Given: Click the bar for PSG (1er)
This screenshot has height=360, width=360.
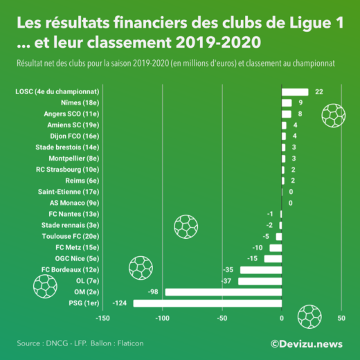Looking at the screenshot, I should coord(208,303).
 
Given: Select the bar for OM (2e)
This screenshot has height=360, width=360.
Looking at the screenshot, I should coord(223,292).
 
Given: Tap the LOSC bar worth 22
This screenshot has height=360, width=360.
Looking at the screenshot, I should coord(295,91).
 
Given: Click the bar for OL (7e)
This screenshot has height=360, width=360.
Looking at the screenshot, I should coord(260,281).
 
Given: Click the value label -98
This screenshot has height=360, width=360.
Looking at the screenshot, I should coord(154,292).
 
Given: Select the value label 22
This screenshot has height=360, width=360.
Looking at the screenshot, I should coord(318,91).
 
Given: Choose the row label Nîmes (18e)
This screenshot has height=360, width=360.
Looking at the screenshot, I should coord(78,102).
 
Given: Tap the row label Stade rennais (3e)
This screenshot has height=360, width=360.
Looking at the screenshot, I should coord(70,225).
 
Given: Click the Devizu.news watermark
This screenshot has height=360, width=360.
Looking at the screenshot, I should coord(307,343).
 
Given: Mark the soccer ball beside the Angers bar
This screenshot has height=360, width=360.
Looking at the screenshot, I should coord(334,115).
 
